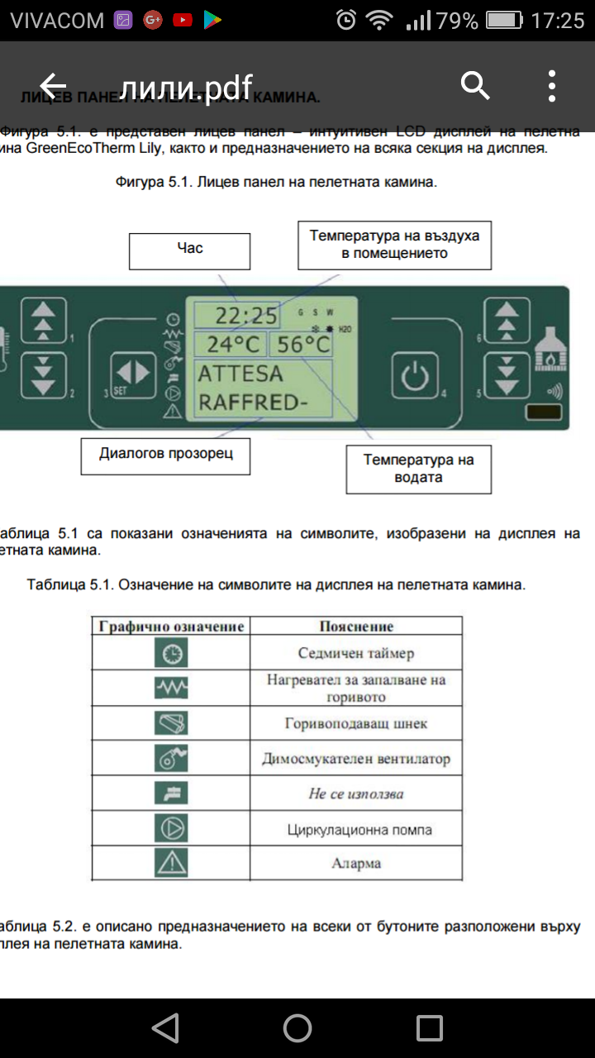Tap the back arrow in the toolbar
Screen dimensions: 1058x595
(x=53, y=85)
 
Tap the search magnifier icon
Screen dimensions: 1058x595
(x=475, y=85)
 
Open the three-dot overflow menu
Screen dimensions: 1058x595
(x=552, y=85)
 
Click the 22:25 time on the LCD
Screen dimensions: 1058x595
(x=246, y=315)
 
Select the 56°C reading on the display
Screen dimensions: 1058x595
(x=303, y=344)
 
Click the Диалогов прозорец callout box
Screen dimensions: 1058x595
(x=165, y=455)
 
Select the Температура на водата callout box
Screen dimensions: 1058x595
(x=418, y=469)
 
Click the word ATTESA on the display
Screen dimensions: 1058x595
(x=240, y=374)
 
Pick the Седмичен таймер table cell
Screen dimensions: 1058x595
(x=356, y=653)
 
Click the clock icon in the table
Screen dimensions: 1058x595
(x=171, y=654)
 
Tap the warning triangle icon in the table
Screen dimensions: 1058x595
(x=171, y=863)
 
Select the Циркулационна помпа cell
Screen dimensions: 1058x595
(x=356, y=829)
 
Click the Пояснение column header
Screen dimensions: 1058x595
(x=356, y=627)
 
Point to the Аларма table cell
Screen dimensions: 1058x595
(x=356, y=863)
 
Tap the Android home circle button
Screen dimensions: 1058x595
(x=297, y=1027)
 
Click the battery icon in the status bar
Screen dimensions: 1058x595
(x=503, y=20)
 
